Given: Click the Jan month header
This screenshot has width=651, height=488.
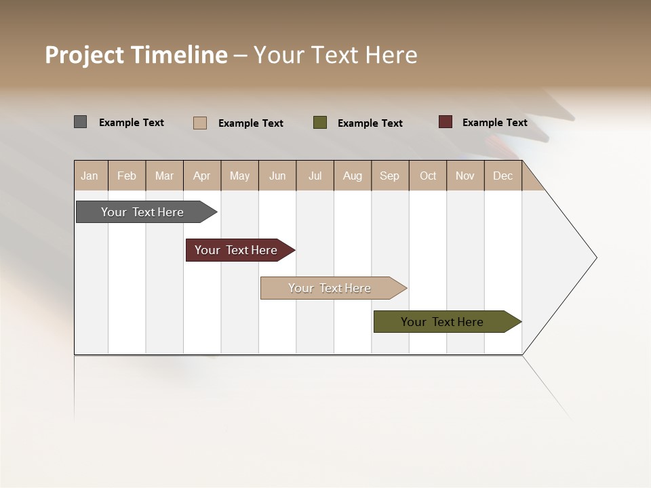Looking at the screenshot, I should [90, 176].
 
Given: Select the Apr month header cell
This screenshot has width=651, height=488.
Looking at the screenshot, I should [202, 176].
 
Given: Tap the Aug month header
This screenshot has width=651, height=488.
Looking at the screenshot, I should [353, 176].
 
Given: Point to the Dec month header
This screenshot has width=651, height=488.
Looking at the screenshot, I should [503, 176].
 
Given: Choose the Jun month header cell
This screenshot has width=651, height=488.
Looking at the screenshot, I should [277, 176].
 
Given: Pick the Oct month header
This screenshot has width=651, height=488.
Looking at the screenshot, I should [428, 176].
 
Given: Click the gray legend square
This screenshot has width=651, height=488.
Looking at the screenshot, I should [81, 122].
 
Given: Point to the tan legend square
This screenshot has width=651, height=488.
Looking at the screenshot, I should [200, 123].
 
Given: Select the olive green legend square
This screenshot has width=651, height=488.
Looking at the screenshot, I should [320, 123].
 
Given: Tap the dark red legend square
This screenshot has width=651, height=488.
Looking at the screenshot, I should [446, 122].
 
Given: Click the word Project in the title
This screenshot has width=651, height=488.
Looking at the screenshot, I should [85, 55].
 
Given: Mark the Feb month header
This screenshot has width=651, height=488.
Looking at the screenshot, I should [127, 176].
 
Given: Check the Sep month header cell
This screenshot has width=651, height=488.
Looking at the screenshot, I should [390, 176].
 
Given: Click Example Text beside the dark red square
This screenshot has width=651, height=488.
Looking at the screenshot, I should [495, 123].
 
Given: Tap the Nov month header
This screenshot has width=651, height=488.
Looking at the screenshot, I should [465, 176].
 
